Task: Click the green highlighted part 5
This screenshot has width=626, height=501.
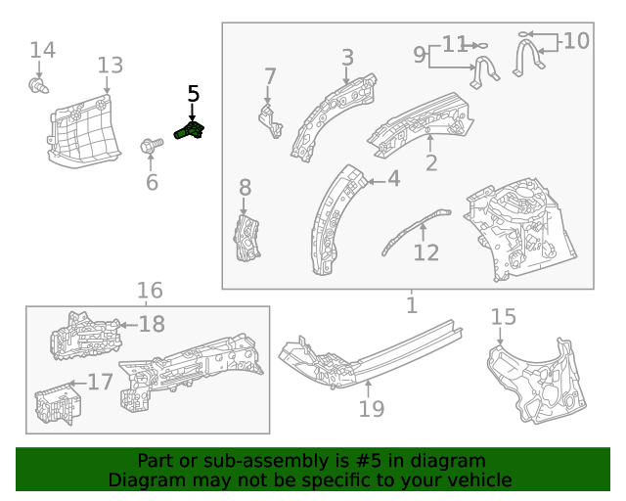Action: (x=190, y=130)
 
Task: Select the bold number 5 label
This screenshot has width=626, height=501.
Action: (x=193, y=94)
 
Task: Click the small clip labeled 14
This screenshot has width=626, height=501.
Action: (x=39, y=88)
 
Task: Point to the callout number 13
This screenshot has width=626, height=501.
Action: (x=111, y=66)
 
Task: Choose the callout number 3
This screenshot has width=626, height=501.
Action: (x=347, y=58)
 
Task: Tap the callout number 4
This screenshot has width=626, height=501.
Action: (x=393, y=179)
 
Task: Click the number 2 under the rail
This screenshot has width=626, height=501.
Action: (x=431, y=162)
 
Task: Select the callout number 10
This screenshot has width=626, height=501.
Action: (x=576, y=41)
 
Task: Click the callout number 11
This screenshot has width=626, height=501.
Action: (x=455, y=44)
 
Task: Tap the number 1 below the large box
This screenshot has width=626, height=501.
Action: (x=411, y=305)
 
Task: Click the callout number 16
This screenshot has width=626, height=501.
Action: (x=150, y=291)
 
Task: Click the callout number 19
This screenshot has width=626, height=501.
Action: (x=372, y=408)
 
